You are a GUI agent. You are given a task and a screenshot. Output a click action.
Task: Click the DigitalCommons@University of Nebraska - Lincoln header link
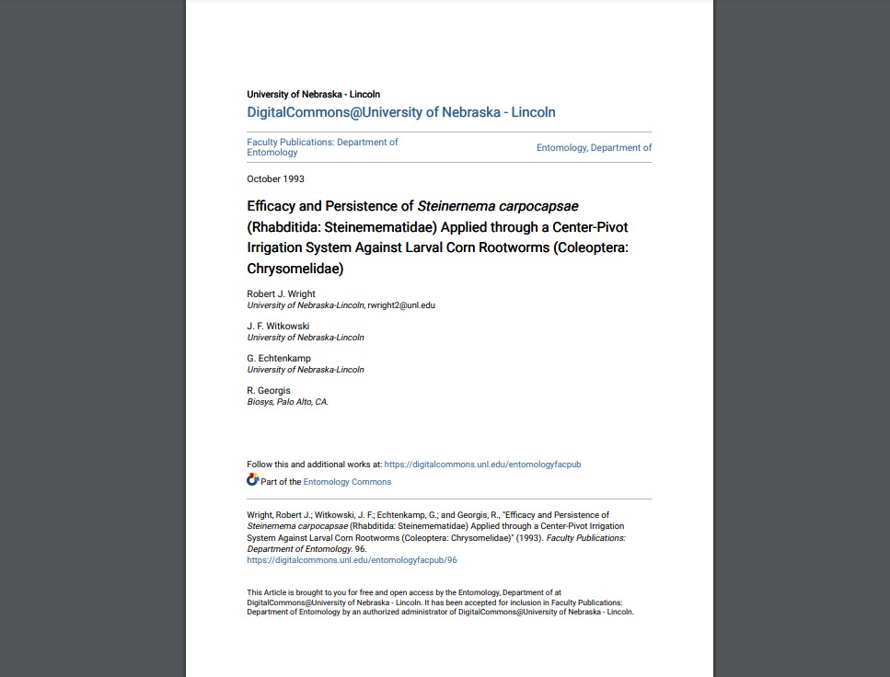click(x=400, y=112)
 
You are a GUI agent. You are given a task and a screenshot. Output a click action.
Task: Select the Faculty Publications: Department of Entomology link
click(x=322, y=147)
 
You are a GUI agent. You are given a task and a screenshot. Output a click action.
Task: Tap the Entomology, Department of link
click(x=594, y=147)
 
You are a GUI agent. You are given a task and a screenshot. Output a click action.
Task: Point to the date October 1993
click(x=275, y=178)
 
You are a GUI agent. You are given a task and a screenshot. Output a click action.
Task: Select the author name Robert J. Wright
click(x=281, y=294)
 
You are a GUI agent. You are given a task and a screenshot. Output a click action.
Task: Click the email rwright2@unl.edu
click(x=401, y=305)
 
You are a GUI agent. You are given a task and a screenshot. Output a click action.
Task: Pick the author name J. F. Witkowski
click(x=278, y=327)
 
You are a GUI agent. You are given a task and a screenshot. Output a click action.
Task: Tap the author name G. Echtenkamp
click(x=279, y=359)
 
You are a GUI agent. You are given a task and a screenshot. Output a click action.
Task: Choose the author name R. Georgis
click(x=269, y=391)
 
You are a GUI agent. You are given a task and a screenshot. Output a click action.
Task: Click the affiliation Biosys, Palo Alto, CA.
click(x=287, y=402)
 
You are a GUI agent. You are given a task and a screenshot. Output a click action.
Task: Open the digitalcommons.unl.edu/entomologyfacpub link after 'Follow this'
click(x=482, y=465)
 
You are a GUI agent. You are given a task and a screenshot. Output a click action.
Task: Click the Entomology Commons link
click(x=347, y=482)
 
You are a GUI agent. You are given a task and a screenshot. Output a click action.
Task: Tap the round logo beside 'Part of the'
click(x=253, y=480)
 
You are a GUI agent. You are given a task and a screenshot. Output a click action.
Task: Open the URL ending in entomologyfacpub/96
click(x=352, y=560)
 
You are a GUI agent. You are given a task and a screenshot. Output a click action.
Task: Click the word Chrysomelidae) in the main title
click(x=295, y=269)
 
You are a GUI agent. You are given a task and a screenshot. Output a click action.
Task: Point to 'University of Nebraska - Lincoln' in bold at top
click(x=313, y=94)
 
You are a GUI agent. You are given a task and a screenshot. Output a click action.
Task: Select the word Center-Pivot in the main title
click(x=585, y=226)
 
